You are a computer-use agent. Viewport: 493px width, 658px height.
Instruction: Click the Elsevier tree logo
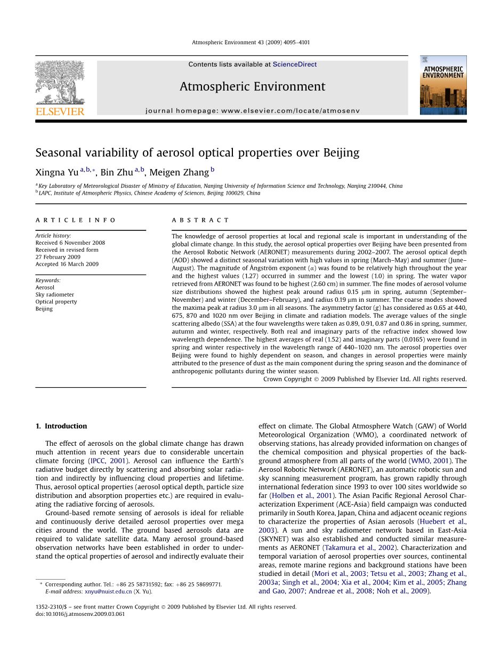click(x=60, y=82)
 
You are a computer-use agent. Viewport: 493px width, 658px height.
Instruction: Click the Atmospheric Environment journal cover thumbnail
click(x=443, y=85)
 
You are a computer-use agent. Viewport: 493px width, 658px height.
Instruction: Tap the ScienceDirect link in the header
click(x=295, y=65)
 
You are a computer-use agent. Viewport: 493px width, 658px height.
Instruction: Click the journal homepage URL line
click(x=252, y=111)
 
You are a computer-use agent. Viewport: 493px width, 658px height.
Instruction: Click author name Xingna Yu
click(x=56, y=172)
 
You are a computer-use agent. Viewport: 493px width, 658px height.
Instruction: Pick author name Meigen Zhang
click(x=179, y=172)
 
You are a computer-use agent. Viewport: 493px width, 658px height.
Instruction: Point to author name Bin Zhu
click(x=116, y=172)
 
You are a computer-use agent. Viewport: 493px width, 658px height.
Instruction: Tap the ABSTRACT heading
click(x=200, y=220)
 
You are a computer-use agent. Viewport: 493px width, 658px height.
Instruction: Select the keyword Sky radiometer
click(x=55, y=295)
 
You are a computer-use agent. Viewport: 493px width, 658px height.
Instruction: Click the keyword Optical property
click(x=56, y=302)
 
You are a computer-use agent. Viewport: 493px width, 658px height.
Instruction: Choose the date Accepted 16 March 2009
click(x=67, y=264)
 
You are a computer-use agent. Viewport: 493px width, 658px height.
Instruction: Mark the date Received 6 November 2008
click(x=70, y=243)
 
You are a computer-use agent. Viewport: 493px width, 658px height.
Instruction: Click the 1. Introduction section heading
click(x=61, y=426)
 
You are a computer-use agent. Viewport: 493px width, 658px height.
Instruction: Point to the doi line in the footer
click(x=80, y=614)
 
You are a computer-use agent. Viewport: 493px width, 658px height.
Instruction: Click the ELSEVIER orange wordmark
click(x=60, y=111)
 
